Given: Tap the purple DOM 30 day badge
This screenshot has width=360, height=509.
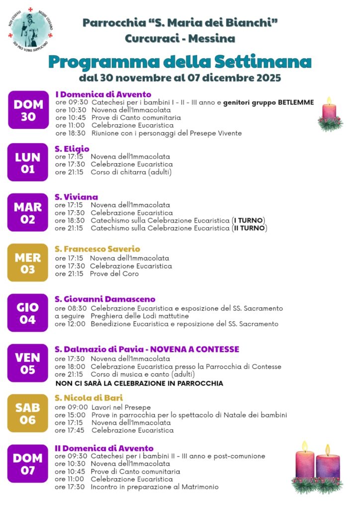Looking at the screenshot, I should pyautogui.click(x=28, y=110).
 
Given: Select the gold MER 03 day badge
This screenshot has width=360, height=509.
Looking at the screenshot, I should pyautogui.click(x=28, y=263).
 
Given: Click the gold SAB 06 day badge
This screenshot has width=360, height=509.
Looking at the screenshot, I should pyautogui.click(x=28, y=414).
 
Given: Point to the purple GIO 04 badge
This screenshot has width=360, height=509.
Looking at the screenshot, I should pyautogui.click(x=28, y=313).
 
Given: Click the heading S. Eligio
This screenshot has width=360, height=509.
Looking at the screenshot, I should pyautogui.click(x=72, y=149).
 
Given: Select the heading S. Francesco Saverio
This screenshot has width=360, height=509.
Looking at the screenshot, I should pyautogui.click(x=97, y=249).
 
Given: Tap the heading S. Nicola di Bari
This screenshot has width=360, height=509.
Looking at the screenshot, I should pyautogui.click(x=89, y=398).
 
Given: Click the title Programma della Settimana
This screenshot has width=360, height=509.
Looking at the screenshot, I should pyautogui.click(x=180, y=62).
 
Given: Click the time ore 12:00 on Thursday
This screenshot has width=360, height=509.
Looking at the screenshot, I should pyautogui.click(x=70, y=324).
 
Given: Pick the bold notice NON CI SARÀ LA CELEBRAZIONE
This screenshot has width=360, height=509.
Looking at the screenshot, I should pyautogui.click(x=139, y=383).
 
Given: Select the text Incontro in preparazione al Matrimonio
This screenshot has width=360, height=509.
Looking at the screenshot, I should pyautogui.click(x=155, y=487).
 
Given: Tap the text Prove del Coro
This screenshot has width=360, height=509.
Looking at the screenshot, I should pyautogui.click(x=114, y=273).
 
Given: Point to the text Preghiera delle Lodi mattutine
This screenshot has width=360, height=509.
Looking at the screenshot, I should pyautogui.click(x=140, y=316).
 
